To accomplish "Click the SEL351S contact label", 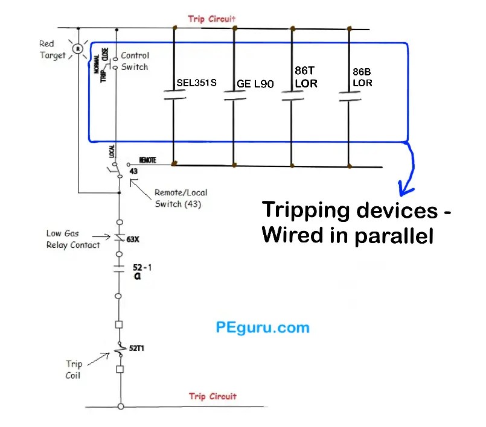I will (196, 83).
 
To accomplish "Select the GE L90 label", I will (255, 84).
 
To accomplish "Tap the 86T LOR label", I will (306, 77).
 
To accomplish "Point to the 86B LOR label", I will (363, 77).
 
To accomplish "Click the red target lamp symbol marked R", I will (77, 48).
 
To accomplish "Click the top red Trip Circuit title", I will (211, 19).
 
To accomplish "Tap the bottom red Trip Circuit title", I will (213, 396).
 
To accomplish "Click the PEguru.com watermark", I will (262, 328).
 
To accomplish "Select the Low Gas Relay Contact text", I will (73, 239).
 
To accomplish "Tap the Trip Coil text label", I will (74, 369).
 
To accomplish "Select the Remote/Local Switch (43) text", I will (181, 198).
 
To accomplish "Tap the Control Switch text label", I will (135, 61).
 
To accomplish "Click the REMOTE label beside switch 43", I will (148, 160).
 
